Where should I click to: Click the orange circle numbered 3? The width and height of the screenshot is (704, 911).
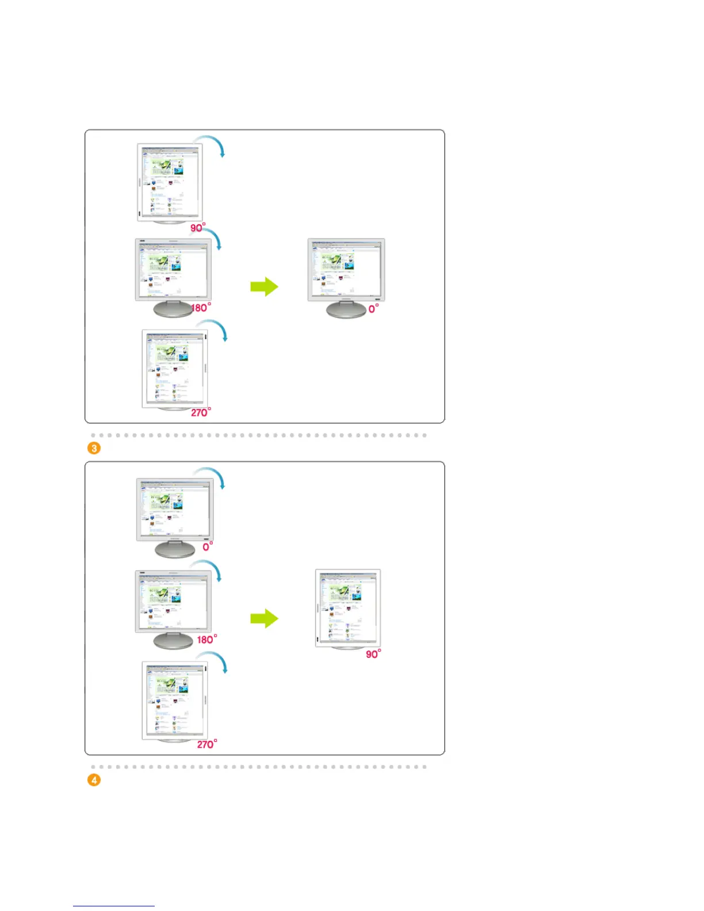(x=94, y=448)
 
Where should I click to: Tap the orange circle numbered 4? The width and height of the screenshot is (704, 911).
(x=94, y=780)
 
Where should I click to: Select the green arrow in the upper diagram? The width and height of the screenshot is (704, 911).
(x=265, y=286)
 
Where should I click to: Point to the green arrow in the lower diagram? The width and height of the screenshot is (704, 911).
(x=265, y=618)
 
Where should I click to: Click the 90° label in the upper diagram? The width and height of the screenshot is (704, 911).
(x=198, y=228)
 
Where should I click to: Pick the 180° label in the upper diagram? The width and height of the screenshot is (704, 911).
(x=201, y=308)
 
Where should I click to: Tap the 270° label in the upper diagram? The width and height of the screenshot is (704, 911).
(x=201, y=412)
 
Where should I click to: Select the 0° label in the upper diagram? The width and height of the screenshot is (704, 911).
(x=373, y=309)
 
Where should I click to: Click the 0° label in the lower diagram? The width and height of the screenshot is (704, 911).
(x=208, y=546)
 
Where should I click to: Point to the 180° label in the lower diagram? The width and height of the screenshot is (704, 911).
(x=206, y=640)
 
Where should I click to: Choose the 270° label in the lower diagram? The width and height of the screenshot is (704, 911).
(x=207, y=744)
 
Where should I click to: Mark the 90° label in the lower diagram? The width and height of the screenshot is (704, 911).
(x=373, y=654)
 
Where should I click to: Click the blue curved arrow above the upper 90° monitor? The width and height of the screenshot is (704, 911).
(x=211, y=144)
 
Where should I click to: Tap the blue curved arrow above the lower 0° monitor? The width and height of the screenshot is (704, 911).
(x=211, y=476)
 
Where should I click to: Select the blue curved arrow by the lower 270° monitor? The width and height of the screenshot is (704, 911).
(x=215, y=661)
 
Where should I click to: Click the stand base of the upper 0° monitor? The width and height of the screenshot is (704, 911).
(x=346, y=311)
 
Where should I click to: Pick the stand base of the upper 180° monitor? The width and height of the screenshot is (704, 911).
(x=172, y=309)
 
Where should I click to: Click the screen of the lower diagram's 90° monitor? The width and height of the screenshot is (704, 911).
(x=349, y=607)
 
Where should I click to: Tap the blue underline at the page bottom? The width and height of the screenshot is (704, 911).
(x=113, y=906)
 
